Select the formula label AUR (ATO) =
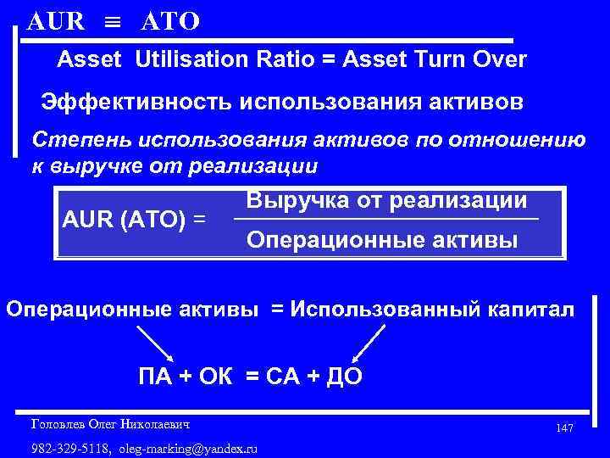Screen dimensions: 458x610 click(x=135, y=219)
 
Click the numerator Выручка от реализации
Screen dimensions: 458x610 click(x=387, y=201)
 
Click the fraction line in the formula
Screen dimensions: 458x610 click(x=385, y=221)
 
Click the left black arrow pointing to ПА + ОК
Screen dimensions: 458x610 click(x=155, y=345)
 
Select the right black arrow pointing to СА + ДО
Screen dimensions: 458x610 click(x=367, y=344)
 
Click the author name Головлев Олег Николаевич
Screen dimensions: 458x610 click(x=110, y=423)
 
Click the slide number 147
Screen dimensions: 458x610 click(x=565, y=428)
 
